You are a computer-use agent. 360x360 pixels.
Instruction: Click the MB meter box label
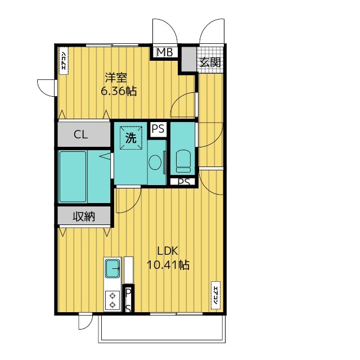[x=165, y=52]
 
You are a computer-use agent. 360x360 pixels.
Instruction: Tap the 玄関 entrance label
[x=210, y=62]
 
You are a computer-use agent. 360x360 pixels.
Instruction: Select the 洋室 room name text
[x=116, y=78]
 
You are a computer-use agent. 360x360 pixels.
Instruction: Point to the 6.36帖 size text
[x=119, y=91]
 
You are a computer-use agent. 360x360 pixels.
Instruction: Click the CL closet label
[x=81, y=134]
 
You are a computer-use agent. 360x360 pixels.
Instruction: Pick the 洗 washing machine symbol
[x=131, y=138]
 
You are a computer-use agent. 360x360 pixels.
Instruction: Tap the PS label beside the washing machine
[x=158, y=129]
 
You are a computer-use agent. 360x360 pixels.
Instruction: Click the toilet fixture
[x=183, y=161]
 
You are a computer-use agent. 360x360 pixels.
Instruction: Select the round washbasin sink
[x=155, y=163]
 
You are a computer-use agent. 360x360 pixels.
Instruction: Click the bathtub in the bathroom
[x=73, y=177]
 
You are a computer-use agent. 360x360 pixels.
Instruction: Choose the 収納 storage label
[x=84, y=216]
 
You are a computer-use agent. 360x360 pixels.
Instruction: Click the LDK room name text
[x=168, y=251]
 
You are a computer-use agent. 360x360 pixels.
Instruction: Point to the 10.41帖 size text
[x=168, y=265]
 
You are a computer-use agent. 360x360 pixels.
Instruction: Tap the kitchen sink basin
[x=112, y=268]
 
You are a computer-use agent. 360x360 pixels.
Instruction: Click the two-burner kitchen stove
[x=112, y=300]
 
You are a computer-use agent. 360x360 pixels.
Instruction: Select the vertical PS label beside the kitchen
[x=128, y=300]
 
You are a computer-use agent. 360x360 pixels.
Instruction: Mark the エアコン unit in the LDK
[x=215, y=295]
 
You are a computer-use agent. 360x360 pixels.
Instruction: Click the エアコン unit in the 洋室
[x=64, y=61]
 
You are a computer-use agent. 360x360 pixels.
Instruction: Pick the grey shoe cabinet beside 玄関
[x=189, y=59]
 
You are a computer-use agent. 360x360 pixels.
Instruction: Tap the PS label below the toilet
[x=184, y=182]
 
